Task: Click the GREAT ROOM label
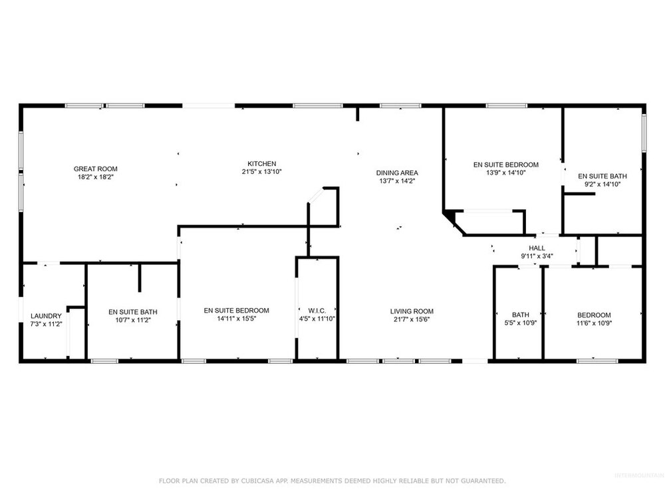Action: coord(95,169)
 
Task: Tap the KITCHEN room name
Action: coord(261,163)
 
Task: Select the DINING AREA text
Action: coord(397,173)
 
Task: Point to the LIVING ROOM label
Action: coord(412,311)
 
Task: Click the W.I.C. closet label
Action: coord(317,311)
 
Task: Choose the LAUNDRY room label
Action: coord(47,316)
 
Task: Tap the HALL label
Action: coord(537,248)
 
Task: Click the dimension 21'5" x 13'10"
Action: coord(261,171)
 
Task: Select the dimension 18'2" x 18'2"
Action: coord(95,177)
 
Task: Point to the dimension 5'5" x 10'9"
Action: coord(521,323)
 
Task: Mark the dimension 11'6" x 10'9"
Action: coord(594,323)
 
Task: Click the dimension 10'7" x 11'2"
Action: coord(133,320)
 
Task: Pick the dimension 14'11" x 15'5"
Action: coord(237,319)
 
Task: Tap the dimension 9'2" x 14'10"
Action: coord(602,184)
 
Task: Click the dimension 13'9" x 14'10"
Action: coord(506,173)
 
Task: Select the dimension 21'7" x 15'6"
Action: coord(412,319)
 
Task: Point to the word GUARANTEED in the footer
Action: coord(484,481)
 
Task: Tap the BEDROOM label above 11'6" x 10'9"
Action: coord(594,315)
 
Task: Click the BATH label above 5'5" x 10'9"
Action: coord(521,315)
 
